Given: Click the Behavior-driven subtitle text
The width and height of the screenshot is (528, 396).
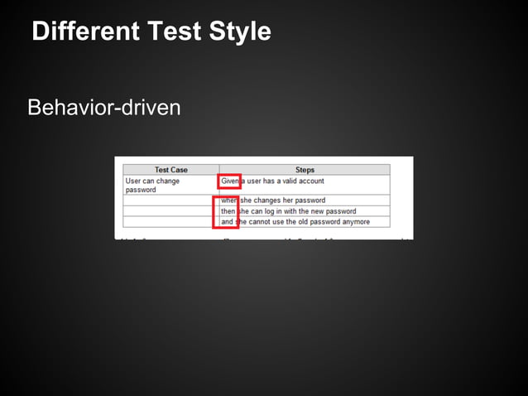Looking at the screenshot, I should click(103, 108).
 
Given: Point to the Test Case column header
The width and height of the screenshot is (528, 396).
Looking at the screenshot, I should click(171, 170).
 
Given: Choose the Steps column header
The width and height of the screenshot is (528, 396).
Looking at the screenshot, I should click(305, 170).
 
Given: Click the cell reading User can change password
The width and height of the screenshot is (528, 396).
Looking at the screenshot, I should click(152, 185).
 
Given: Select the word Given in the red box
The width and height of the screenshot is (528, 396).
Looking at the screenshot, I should click(229, 181).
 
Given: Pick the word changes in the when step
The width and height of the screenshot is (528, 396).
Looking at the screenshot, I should click(270, 200).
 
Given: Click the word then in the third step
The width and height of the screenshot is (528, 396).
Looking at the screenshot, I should click(228, 211).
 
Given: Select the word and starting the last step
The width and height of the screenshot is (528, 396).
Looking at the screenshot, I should click(228, 222).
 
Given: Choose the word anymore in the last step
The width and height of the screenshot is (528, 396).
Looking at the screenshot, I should click(354, 222).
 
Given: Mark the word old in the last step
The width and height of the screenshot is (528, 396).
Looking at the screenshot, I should click(306, 222).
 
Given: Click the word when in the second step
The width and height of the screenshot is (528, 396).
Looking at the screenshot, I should click(229, 200).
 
